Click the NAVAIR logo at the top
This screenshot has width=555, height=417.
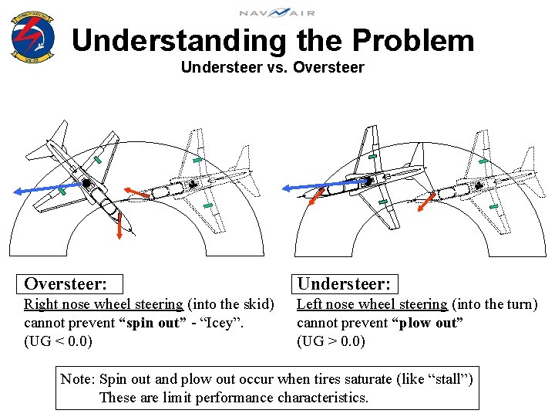click(x=277, y=12)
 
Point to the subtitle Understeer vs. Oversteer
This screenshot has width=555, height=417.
click(x=272, y=67)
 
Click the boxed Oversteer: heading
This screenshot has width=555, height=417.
click(x=65, y=284)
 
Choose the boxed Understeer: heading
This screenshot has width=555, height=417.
click(x=345, y=284)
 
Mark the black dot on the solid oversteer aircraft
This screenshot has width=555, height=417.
click(x=87, y=183)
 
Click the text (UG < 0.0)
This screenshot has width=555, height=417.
click(x=58, y=341)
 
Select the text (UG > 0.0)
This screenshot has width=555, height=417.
click(x=331, y=341)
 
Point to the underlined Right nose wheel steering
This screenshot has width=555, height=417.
click(x=103, y=304)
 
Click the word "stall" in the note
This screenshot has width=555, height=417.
click(x=448, y=379)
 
